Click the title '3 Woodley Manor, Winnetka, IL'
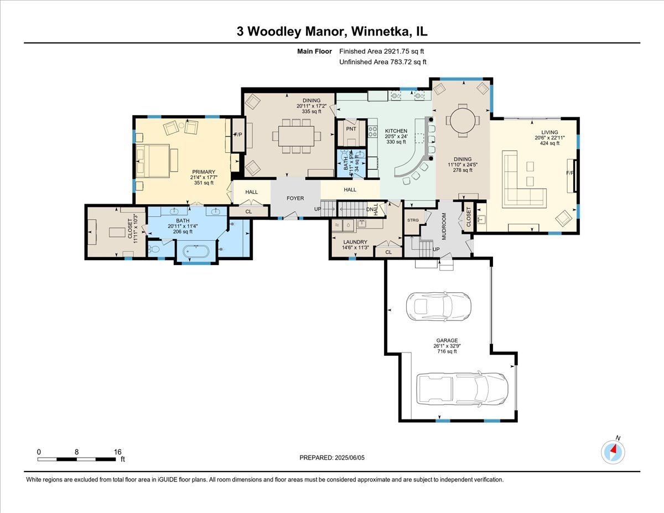[x=331, y=32]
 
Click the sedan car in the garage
[x=438, y=305]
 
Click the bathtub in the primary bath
[x=196, y=253]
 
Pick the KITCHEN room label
[x=396, y=131]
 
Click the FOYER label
[x=295, y=198]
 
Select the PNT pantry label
[x=350, y=128]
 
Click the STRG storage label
[x=413, y=220]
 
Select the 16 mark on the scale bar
[x=117, y=452]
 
